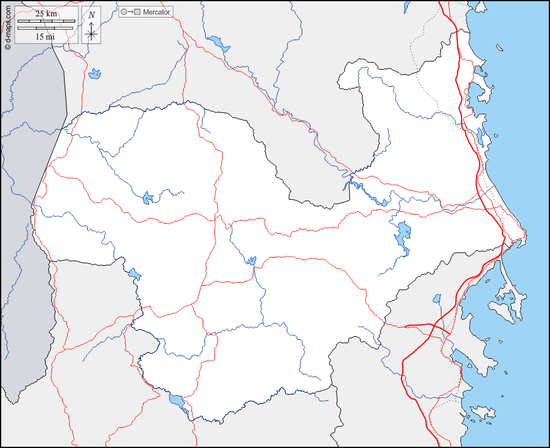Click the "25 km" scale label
point(46,13)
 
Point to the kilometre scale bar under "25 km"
point(46,21)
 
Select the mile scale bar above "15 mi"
point(46,29)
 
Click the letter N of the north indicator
point(92,14)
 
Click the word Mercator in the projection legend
point(156,12)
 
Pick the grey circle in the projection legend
point(124,12)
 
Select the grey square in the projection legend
point(137,12)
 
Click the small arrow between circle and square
point(130,12)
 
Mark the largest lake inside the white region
point(402,235)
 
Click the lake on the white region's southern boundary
point(178,402)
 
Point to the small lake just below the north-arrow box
point(95,74)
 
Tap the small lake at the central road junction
point(251,260)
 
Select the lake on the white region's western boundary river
point(134,273)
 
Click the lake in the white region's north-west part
point(148,198)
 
